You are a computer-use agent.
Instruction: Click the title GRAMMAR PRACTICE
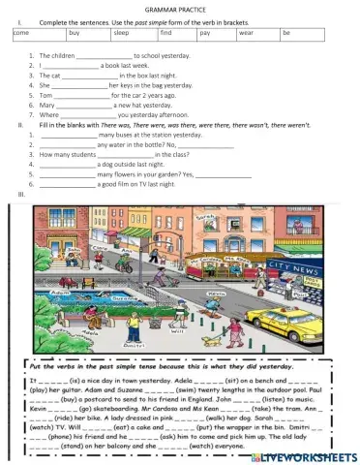click(x=179, y=9)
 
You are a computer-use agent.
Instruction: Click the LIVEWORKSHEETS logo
click(x=310, y=455)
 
